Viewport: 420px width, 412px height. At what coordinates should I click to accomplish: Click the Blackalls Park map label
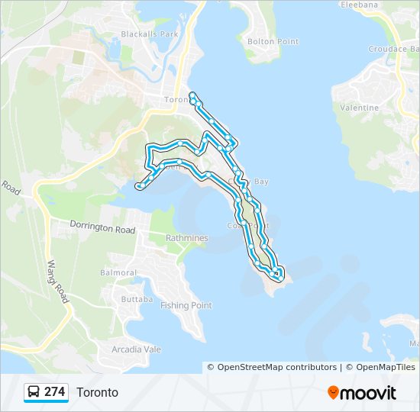pyautogui.click(x=149, y=34)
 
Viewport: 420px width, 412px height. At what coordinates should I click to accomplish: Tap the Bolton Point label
pyautogui.click(x=273, y=41)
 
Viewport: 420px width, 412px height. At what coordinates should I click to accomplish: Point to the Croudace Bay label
pyautogui.click(x=392, y=49)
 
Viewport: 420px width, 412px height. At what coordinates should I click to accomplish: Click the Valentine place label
pyautogui.click(x=359, y=108)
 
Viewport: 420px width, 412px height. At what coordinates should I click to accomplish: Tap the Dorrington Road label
pyautogui.click(x=102, y=227)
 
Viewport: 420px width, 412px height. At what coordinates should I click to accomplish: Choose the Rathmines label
pyautogui.click(x=187, y=238)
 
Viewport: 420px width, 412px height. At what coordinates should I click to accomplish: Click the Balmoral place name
pyautogui.click(x=118, y=272)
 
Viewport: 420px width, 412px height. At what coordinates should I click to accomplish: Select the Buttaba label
pyautogui.click(x=137, y=299)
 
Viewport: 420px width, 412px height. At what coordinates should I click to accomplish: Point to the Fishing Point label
pyautogui.click(x=186, y=305)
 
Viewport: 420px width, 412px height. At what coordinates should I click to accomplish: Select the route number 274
pyautogui.click(x=55, y=392)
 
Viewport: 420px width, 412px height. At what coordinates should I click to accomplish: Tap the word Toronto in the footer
pyautogui.click(x=97, y=392)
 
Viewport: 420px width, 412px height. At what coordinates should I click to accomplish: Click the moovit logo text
pyautogui.click(x=369, y=393)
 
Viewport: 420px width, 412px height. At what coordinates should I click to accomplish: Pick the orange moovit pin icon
pyautogui.click(x=334, y=393)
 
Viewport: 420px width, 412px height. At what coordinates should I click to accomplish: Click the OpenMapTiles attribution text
pyautogui.click(x=380, y=367)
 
